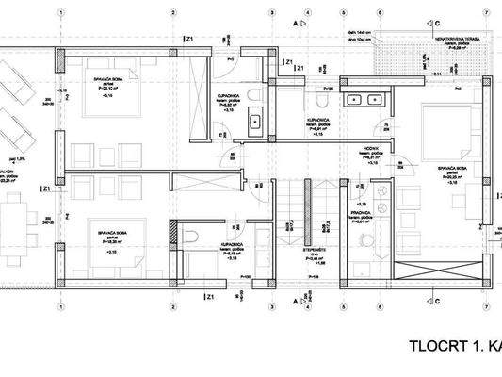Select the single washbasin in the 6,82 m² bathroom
click(255, 122)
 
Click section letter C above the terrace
click(438, 21)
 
